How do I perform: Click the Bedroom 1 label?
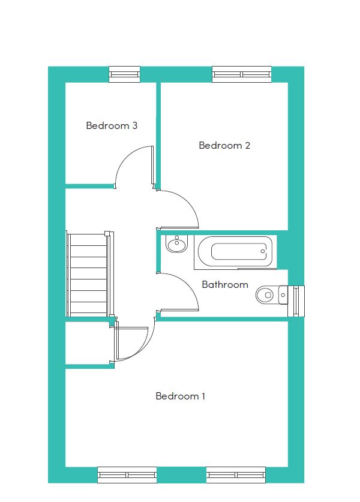click(181, 396)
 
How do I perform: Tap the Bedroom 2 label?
click(224, 145)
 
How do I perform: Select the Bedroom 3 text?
click(112, 125)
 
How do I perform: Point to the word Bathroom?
click(225, 284)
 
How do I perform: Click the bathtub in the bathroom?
click(235, 252)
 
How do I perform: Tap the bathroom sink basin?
click(176, 244)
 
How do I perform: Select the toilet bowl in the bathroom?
click(265, 294)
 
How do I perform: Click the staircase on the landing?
click(89, 273)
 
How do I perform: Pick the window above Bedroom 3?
click(125, 74)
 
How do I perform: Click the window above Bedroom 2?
click(242, 74)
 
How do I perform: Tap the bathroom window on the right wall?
click(296, 301)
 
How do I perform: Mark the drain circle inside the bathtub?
click(263, 251)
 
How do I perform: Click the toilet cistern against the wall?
click(283, 294)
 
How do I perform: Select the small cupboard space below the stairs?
click(88, 342)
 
